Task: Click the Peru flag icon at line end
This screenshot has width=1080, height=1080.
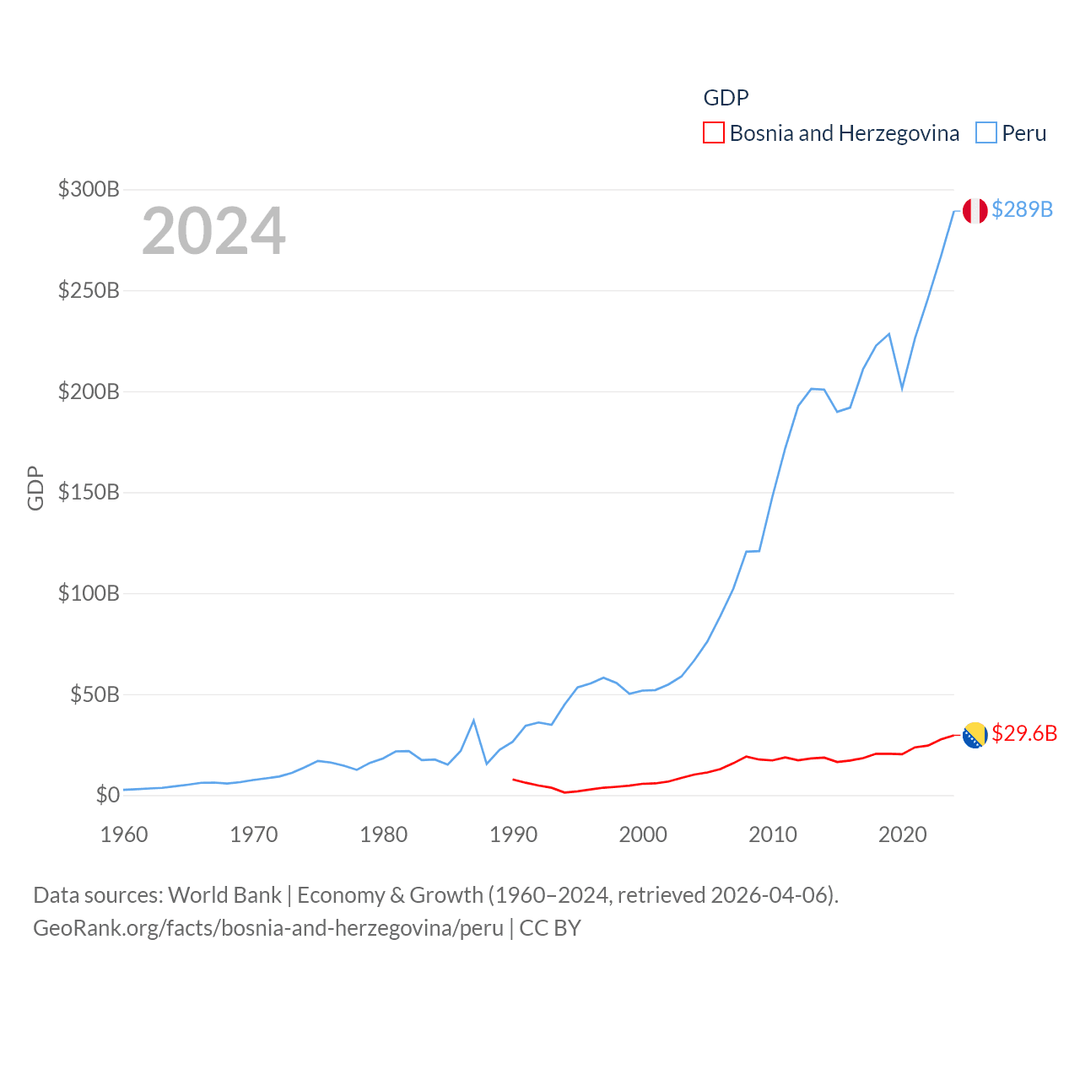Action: tap(975, 211)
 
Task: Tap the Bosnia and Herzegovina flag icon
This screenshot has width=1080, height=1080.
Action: tap(975, 735)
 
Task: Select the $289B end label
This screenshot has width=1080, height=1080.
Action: tap(1022, 209)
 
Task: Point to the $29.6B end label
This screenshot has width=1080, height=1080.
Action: tap(1024, 733)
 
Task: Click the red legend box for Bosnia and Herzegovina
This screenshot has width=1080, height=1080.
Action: tap(714, 133)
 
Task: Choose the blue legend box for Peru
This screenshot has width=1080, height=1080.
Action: tap(986, 133)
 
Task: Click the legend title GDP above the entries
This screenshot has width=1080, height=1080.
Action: tap(726, 98)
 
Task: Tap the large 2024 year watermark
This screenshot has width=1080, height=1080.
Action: tap(213, 231)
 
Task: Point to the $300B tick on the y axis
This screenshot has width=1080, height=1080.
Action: tap(89, 189)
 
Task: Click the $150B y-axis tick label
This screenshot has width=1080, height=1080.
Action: tap(89, 492)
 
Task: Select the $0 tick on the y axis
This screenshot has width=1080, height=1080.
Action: tap(107, 795)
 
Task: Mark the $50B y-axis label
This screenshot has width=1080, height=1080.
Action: tap(94, 694)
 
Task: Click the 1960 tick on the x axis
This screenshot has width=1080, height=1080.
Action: tap(124, 834)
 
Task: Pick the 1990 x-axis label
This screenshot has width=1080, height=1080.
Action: tap(513, 834)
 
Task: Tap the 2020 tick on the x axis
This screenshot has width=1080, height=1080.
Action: tap(902, 834)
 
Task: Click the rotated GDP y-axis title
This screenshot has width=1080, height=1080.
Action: tap(35, 488)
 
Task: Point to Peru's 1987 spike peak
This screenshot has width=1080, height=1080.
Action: tap(473, 721)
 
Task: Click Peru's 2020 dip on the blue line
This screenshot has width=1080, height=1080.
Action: tap(902, 388)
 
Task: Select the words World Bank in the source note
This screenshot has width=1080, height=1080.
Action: tap(224, 894)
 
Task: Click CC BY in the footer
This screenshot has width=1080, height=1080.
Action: tap(550, 928)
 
